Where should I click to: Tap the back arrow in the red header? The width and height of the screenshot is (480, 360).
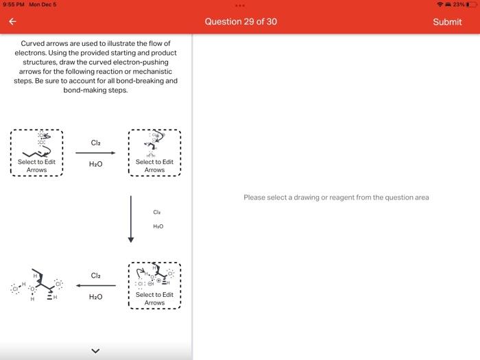click(12, 22)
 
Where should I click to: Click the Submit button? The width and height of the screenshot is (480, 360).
click(447, 22)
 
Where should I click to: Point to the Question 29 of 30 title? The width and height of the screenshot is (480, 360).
click(241, 22)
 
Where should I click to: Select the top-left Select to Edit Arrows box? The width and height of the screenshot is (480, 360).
click(36, 153)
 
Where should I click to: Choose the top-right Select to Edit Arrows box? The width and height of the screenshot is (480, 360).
click(154, 153)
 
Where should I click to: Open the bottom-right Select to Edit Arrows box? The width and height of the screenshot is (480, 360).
click(154, 285)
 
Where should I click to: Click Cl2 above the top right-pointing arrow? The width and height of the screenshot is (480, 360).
click(95, 143)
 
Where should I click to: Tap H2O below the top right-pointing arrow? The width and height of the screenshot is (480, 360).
click(95, 165)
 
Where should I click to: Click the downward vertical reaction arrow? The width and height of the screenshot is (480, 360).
click(131, 219)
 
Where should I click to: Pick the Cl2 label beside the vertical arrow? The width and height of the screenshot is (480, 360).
click(157, 213)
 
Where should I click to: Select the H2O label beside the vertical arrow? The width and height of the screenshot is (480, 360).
click(158, 226)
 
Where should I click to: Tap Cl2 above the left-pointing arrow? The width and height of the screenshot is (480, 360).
click(95, 276)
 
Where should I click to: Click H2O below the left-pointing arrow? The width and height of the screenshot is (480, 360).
click(95, 297)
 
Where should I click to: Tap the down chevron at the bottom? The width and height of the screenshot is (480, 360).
click(95, 352)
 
